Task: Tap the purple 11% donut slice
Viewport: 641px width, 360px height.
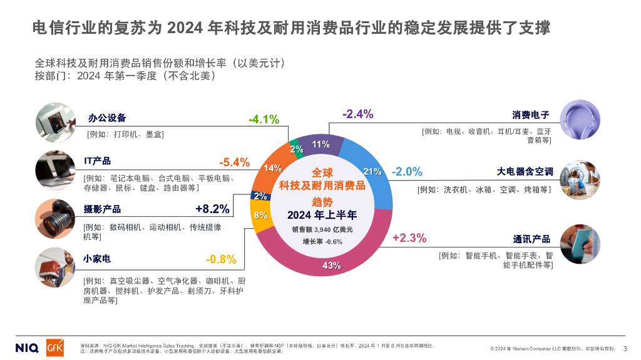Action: click(321, 145)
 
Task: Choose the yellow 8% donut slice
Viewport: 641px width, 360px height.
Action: click(262, 216)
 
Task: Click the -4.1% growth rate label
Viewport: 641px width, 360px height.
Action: click(264, 119)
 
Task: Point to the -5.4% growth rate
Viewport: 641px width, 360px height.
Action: click(234, 162)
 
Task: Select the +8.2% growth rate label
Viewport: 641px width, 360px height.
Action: click(212, 209)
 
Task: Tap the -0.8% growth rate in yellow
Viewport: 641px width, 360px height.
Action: click(221, 259)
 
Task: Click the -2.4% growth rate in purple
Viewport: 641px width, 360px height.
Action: click(358, 114)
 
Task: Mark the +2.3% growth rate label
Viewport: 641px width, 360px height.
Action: click(409, 237)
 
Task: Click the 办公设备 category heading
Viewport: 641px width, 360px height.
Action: click(107, 117)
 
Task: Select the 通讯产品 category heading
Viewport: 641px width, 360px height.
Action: click(531, 239)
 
